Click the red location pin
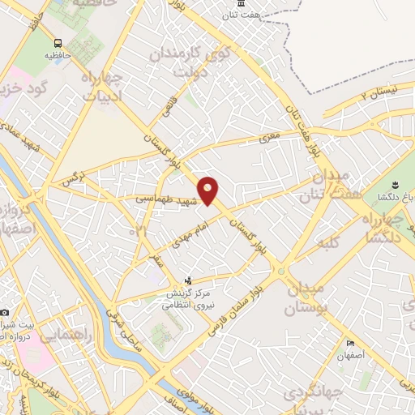click(208, 191)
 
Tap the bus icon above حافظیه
click(58, 44)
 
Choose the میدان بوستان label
click(306, 298)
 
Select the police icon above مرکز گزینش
click(189, 280)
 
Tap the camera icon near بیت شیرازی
click(5, 312)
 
